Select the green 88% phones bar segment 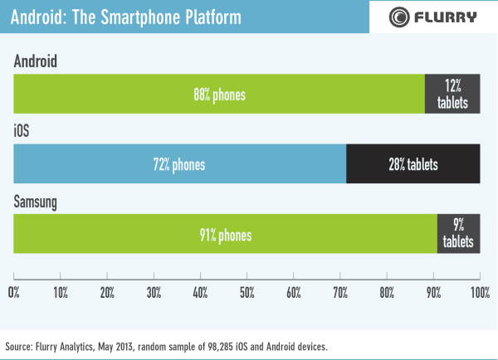click(x=219, y=94)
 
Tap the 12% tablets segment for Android click(x=452, y=94)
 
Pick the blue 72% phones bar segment click(x=179, y=164)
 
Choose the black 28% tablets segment click(x=413, y=164)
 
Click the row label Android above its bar click(x=36, y=62)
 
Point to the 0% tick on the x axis click(x=13, y=292)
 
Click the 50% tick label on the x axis click(x=247, y=292)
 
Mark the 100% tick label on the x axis click(x=480, y=292)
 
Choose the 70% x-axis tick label click(x=340, y=292)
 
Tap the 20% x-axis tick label click(x=107, y=292)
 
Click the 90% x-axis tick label click(x=433, y=292)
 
